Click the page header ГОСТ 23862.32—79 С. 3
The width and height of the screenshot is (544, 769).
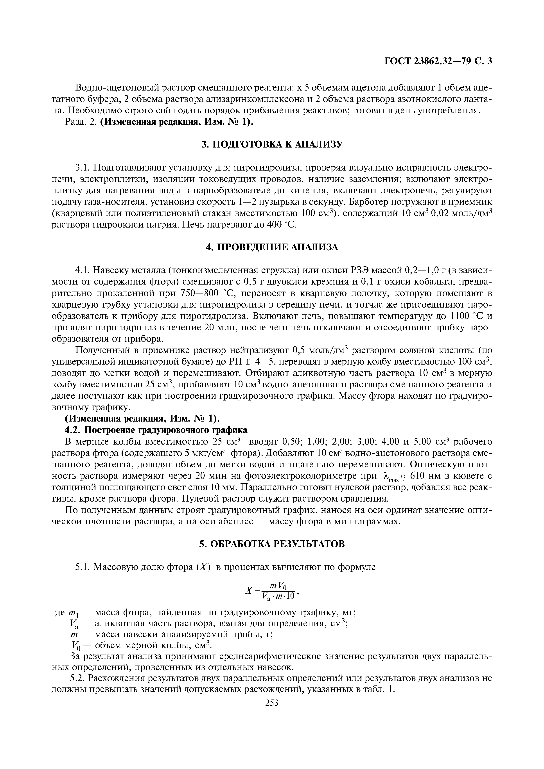pyautogui.click(x=438, y=61)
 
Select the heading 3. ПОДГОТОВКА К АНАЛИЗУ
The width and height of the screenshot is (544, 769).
pyautogui.click(x=272, y=144)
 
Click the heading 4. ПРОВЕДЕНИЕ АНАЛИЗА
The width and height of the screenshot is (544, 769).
pyautogui.click(x=272, y=247)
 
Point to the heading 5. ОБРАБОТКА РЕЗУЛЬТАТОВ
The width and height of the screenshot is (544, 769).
pyautogui.click(x=272, y=544)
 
